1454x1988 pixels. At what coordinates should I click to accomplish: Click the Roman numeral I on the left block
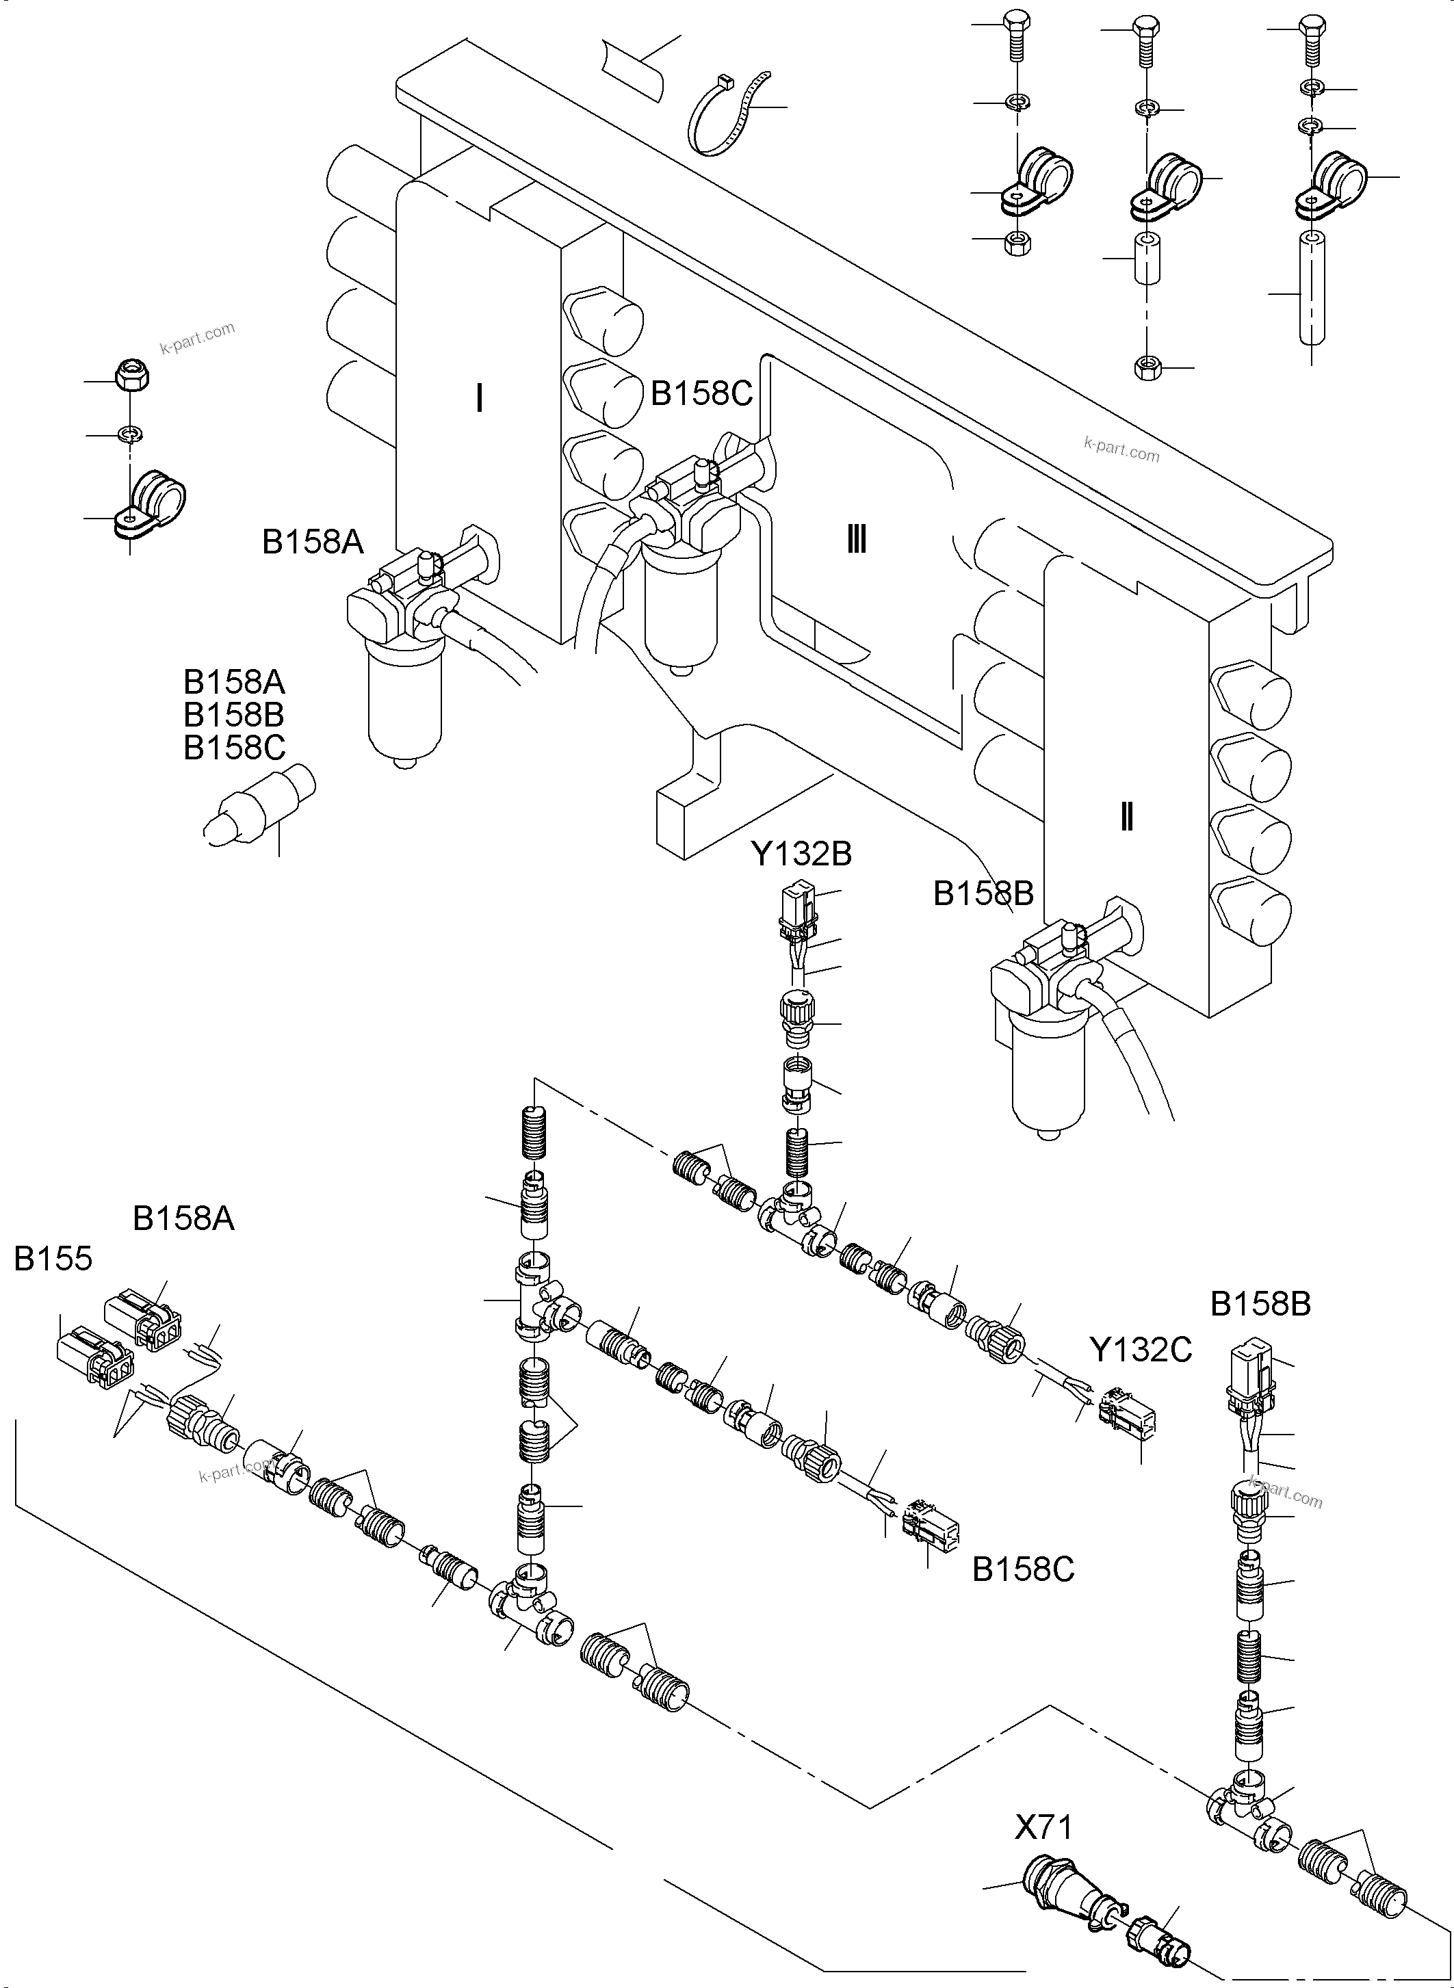[x=479, y=399]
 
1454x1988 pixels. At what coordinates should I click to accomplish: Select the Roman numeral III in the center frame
[x=857, y=538]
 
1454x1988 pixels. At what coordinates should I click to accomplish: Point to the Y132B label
[x=801, y=853]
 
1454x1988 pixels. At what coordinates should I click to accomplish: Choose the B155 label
[x=53, y=1259]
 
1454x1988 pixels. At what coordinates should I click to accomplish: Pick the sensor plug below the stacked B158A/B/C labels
[x=259, y=802]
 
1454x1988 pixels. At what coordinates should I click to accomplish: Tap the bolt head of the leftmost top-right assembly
[x=1015, y=24]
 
